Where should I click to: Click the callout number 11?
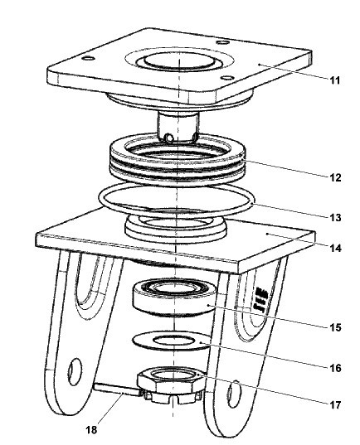click(x=335, y=80)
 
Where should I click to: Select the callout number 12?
click(x=335, y=177)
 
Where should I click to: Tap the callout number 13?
click(x=335, y=218)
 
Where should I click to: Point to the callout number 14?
click(x=335, y=248)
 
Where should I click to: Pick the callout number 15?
click(x=335, y=327)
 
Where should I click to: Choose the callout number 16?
click(x=335, y=368)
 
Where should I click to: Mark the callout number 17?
click(x=335, y=404)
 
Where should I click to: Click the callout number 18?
click(x=91, y=430)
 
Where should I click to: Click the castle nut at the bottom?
click(x=172, y=387)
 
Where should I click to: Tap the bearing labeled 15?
click(x=174, y=298)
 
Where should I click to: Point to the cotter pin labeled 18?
click(x=117, y=389)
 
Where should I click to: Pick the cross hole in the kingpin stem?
click(x=169, y=138)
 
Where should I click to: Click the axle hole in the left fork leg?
click(x=75, y=371)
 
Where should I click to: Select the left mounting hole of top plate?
click(x=88, y=59)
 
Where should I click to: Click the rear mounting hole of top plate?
click(x=223, y=42)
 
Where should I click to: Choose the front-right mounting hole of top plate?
click(x=227, y=77)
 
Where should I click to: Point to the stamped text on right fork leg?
click(x=261, y=300)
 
